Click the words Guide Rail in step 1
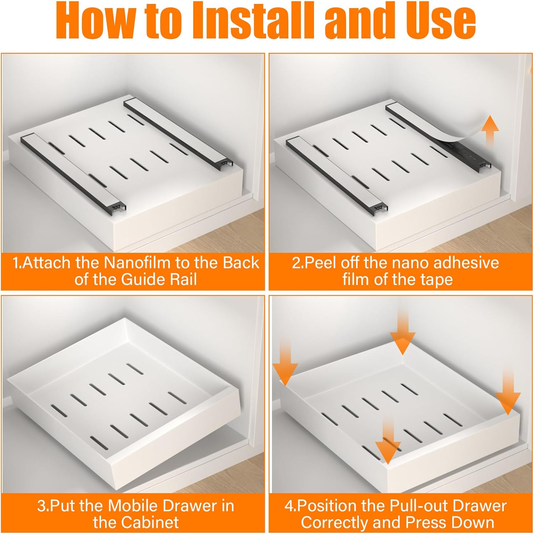tap(159, 279)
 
